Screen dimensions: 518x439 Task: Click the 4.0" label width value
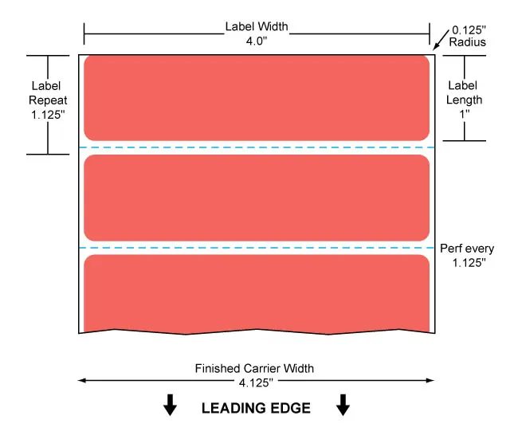coord(257,41)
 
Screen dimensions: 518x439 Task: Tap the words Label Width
coord(257,26)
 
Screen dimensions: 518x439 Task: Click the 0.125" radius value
coord(469,30)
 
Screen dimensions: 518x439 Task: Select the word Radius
coord(468,42)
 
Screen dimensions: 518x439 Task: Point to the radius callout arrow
coord(441,40)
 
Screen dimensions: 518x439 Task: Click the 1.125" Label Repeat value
coord(48,115)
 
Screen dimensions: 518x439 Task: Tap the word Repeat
coord(48,100)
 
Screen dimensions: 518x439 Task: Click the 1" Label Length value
coord(465,114)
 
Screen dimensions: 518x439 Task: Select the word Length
coord(464,100)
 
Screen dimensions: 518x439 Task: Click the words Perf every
coord(467,249)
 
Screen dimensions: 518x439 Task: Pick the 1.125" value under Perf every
coord(469,263)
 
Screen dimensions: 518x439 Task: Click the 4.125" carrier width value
coord(256,383)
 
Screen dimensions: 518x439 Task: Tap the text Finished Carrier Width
coord(254,368)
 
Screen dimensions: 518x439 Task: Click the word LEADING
coord(234,408)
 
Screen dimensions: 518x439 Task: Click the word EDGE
coord(291,408)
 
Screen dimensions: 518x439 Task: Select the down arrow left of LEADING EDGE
coord(170,405)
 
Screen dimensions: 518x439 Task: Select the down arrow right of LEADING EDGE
coord(343,405)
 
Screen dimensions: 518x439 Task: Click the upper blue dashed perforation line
coord(257,147)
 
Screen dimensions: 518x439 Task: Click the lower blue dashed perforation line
coord(257,248)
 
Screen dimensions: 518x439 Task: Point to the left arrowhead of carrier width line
coord(81,381)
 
